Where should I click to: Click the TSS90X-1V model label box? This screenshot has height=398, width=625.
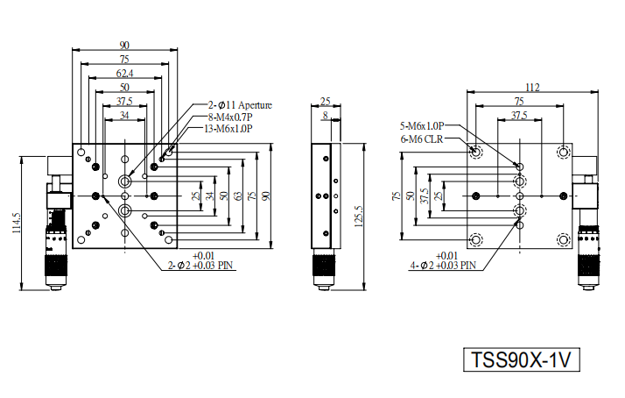coord(521,359)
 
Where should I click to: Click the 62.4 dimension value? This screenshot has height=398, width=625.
coord(125,74)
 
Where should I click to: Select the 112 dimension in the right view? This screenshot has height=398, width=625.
coord(532,88)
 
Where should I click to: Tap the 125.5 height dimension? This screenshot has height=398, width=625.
coord(358,217)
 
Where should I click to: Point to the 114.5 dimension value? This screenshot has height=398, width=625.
coord(17,224)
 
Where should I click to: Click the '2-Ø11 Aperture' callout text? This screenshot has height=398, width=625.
coord(240,105)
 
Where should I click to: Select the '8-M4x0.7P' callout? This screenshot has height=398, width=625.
coord(230,117)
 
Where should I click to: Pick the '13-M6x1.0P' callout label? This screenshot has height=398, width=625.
coord(228,129)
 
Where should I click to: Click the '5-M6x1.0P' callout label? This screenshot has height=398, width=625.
coord(422,126)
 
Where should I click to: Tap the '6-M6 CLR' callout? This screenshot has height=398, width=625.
coord(422,139)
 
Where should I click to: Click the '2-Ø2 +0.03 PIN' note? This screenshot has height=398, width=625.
coord(200,265)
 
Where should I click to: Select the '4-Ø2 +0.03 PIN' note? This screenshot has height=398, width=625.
coord(443,265)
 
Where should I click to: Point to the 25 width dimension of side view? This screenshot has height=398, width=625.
coord(326,102)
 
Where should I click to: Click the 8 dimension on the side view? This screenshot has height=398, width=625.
coord(326,116)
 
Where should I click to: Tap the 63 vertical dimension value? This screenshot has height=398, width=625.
coord(238,196)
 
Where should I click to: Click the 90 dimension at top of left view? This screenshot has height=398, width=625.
coord(124,46)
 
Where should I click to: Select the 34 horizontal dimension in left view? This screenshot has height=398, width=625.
coord(124,116)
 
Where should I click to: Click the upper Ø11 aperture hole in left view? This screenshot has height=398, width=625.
coord(125,181)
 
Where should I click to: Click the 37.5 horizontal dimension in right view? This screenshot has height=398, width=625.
coord(519,116)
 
